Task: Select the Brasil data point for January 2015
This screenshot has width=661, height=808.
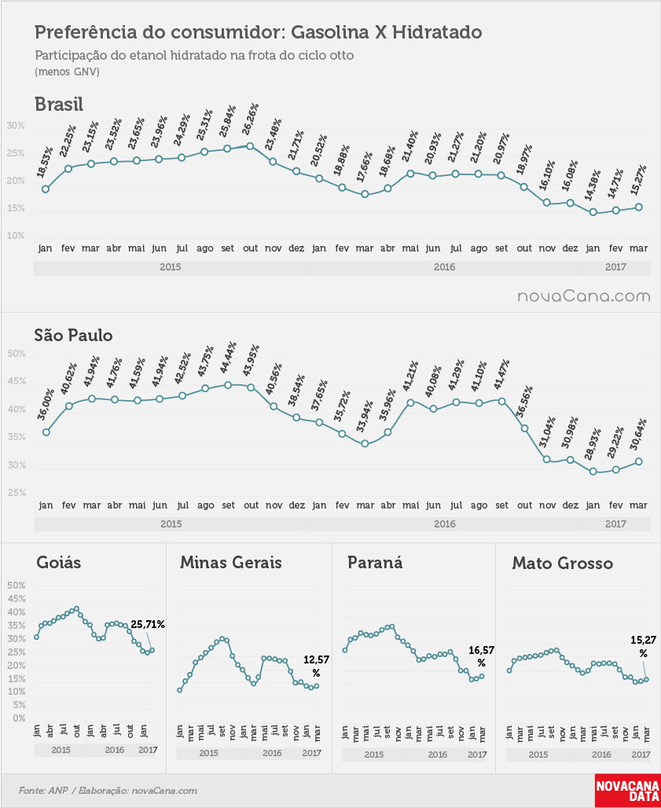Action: click(x=46, y=189)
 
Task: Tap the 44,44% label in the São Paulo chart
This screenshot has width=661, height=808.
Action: click(x=228, y=358)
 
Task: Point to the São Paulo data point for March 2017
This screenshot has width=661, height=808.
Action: click(x=638, y=461)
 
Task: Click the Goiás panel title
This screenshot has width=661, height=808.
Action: click(x=59, y=562)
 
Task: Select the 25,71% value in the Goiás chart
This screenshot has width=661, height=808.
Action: click(x=147, y=625)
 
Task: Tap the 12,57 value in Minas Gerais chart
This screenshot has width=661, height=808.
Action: click(x=316, y=659)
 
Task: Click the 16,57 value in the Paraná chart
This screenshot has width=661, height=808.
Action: click(x=481, y=650)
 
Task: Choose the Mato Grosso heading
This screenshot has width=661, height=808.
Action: click(x=562, y=564)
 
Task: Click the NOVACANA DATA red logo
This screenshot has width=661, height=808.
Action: click(x=627, y=790)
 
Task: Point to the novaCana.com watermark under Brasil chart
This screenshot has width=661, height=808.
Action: click(x=584, y=296)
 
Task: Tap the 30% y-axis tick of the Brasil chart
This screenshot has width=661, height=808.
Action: click(x=16, y=127)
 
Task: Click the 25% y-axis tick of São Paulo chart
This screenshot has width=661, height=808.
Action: click(x=17, y=493)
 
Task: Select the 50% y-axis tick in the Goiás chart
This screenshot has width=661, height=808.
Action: click(x=17, y=586)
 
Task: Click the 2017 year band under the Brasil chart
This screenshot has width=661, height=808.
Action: click(x=615, y=267)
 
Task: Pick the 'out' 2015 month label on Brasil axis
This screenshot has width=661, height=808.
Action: click(x=251, y=248)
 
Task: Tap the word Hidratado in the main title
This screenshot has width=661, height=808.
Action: click(x=437, y=32)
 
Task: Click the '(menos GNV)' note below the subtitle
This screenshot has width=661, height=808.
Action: click(x=68, y=72)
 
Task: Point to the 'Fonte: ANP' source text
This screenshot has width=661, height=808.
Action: click(x=43, y=790)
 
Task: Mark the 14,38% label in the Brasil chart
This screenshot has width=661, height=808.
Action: click(x=593, y=185)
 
